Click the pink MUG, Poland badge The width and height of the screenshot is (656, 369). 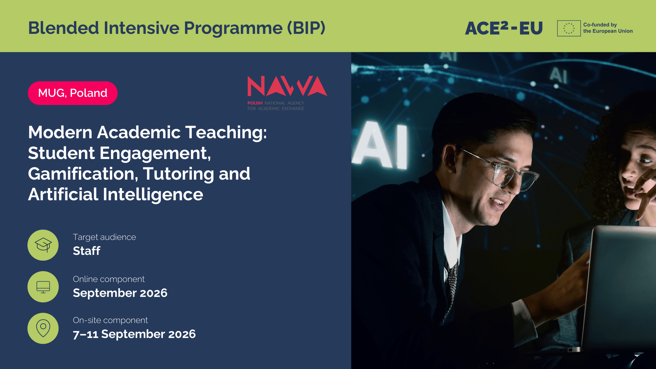73,93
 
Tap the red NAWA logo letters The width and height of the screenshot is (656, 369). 287,86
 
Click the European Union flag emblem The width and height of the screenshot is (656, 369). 569,28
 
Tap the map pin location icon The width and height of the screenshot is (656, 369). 43,328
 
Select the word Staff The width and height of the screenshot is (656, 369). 87,251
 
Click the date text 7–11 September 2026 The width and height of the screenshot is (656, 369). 134,334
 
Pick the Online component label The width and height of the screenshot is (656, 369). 109,279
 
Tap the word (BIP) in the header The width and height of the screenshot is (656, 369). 306,28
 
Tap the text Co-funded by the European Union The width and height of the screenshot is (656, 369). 608,28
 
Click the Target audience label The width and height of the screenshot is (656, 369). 104,237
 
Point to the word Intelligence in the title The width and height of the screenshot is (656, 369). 153,195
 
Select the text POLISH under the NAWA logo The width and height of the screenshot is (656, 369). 255,103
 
